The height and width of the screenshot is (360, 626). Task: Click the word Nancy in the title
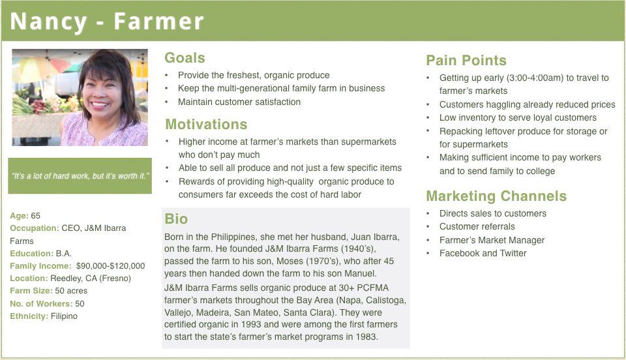click(48, 22)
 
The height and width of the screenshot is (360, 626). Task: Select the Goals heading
click(185, 58)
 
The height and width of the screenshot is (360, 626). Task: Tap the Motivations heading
click(206, 124)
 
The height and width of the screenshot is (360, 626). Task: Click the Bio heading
click(176, 218)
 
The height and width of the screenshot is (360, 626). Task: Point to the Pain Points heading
click(466, 60)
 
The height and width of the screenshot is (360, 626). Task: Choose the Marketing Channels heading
click(496, 196)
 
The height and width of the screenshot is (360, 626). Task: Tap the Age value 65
click(35, 216)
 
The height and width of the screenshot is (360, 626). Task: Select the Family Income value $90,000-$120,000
click(111, 266)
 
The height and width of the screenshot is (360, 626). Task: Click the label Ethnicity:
click(29, 316)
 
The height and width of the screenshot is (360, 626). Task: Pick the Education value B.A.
click(63, 254)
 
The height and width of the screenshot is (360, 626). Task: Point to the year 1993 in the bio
click(251, 325)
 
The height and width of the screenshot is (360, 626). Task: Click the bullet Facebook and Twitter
click(483, 254)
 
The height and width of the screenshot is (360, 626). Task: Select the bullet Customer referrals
click(477, 227)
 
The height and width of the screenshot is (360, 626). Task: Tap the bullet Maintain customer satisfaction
click(239, 102)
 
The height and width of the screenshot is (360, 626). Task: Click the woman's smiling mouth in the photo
click(100, 105)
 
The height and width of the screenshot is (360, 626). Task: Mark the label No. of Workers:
click(41, 304)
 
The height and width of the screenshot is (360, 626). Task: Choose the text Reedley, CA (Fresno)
click(91, 278)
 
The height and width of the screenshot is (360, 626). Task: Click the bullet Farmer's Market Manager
click(492, 240)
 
